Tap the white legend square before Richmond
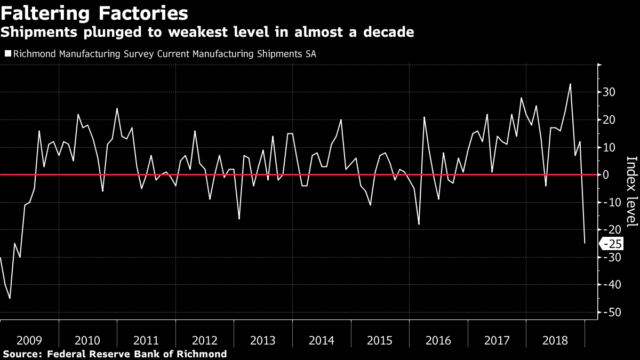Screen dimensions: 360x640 pyautogui.click(x=7, y=54)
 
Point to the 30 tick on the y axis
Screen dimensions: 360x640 pyautogui.click(x=609, y=92)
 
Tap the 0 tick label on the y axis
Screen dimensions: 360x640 pyautogui.click(x=606, y=174)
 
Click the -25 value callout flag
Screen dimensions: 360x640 pyautogui.click(x=610, y=244)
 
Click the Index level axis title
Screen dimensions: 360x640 pyautogui.click(x=631, y=191)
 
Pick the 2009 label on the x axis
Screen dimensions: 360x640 pyautogui.click(x=29, y=340)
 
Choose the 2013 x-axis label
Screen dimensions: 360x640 pyautogui.click(x=263, y=340)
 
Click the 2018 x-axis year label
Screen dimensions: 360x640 pyautogui.click(x=555, y=340)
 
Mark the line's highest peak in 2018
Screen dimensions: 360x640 pyautogui.click(x=570, y=84)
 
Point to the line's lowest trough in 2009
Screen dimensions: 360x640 pyautogui.click(x=10, y=298)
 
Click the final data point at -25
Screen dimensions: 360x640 pyautogui.click(x=585, y=243)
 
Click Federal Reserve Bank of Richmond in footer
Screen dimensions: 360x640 pyautogui.click(x=137, y=354)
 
